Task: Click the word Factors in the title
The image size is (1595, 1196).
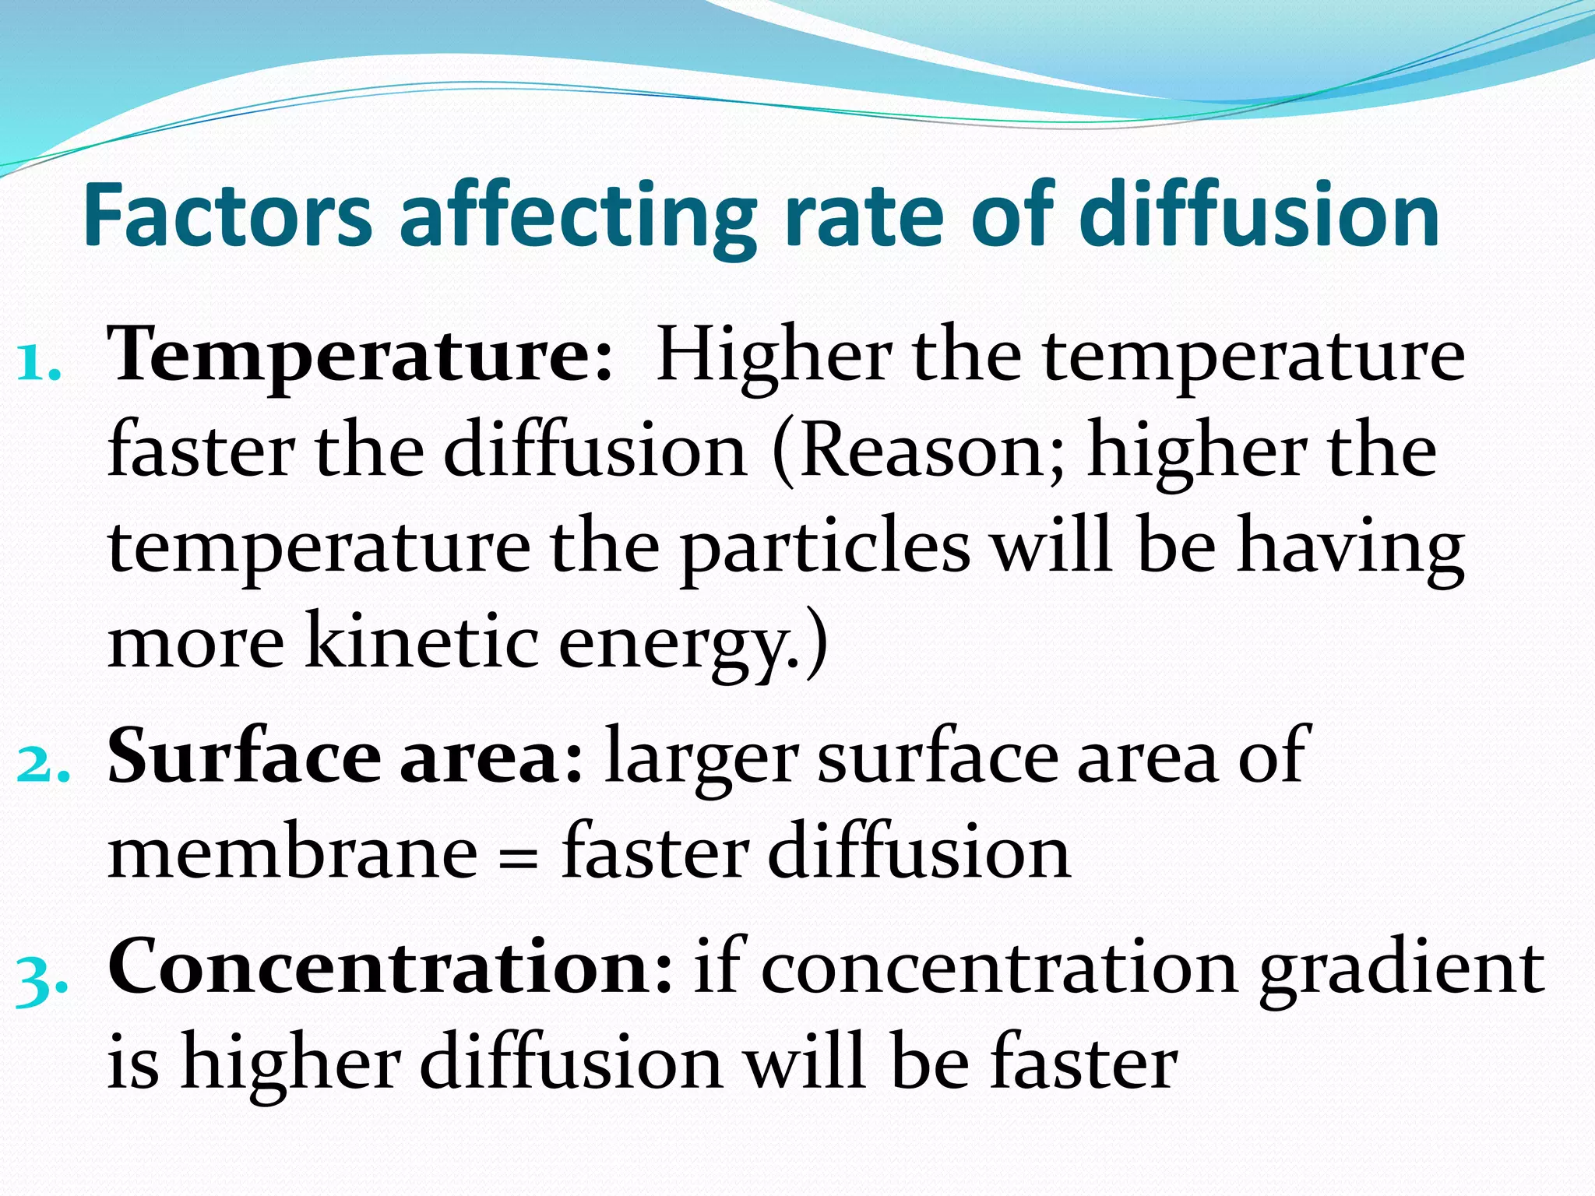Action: tap(227, 215)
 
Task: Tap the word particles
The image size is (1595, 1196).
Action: tap(826, 549)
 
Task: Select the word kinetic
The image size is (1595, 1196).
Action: tap(421, 642)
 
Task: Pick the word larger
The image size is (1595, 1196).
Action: tap(702, 759)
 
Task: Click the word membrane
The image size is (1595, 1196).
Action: tap(293, 853)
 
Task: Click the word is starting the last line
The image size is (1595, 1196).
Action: tap(133, 1064)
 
